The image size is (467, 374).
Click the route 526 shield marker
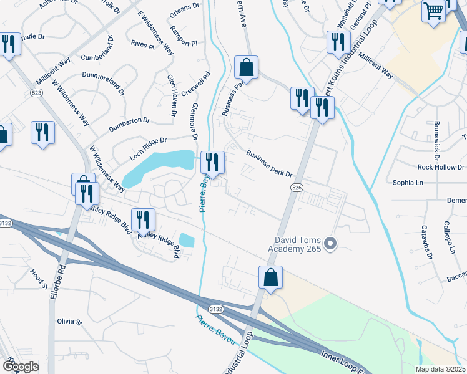(297, 187)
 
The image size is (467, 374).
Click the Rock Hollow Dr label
(441, 167)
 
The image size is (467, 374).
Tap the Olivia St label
(70, 322)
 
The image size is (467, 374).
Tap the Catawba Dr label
(426, 242)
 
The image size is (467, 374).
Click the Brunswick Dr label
(436, 140)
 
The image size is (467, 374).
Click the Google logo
(21, 366)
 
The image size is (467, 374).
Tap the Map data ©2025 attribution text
(440, 369)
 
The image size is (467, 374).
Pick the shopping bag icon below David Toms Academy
(271, 278)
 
